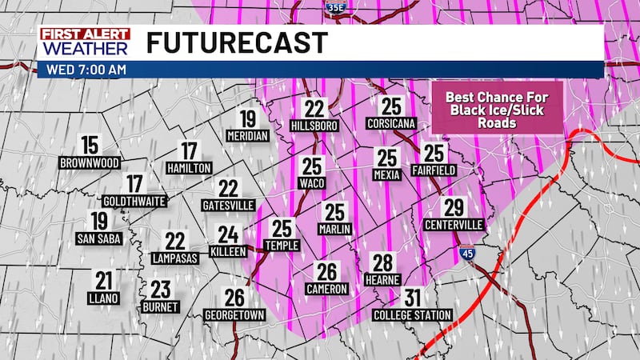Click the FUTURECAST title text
pyautogui.click(x=237, y=42)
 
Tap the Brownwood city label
pyautogui.click(x=90, y=163)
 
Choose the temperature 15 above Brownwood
pyautogui.click(x=90, y=146)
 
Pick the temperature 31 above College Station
pyautogui.click(x=413, y=297)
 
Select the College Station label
pyautogui.click(x=413, y=315)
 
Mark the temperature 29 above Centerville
pyautogui.click(x=454, y=206)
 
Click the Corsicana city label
pyautogui.click(x=390, y=125)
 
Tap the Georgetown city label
pyautogui.click(x=234, y=315)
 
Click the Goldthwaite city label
pyautogui.click(x=134, y=202)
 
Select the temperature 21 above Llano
pyautogui.click(x=104, y=280)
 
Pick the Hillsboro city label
pyautogui.click(x=316, y=126)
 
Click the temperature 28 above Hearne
pyautogui.click(x=382, y=262)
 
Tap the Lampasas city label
pyautogui.click(x=176, y=258)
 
